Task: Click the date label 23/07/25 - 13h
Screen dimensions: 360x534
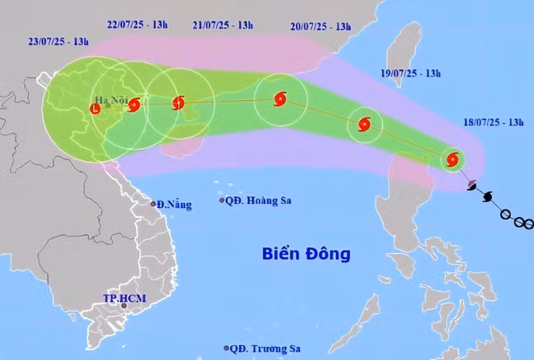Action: pyautogui.click(x=57, y=40)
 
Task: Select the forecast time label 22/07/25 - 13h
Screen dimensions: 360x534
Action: pyautogui.click(x=137, y=25)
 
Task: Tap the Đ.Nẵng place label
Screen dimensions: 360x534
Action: pyautogui.click(x=174, y=203)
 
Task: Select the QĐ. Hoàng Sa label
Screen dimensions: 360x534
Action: pyautogui.click(x=260, y=201)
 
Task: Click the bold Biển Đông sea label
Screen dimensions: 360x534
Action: pyautogui.click(x=306, y=253)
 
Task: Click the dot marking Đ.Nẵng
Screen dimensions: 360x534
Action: pyautogui.click(x=154, y=204)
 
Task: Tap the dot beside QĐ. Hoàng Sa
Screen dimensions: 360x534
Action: pyautogui.click(x=222, y=201)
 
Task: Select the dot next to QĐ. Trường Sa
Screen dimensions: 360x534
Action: pyautogui.click(x=226, y=348)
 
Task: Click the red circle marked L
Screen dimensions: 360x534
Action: pyautogui.click(x=95, y=108)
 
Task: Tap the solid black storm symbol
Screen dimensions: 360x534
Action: pyautogui.click(x=488, y=198)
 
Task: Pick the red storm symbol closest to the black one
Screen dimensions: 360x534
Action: pyautogui.click(x=451, y=160)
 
